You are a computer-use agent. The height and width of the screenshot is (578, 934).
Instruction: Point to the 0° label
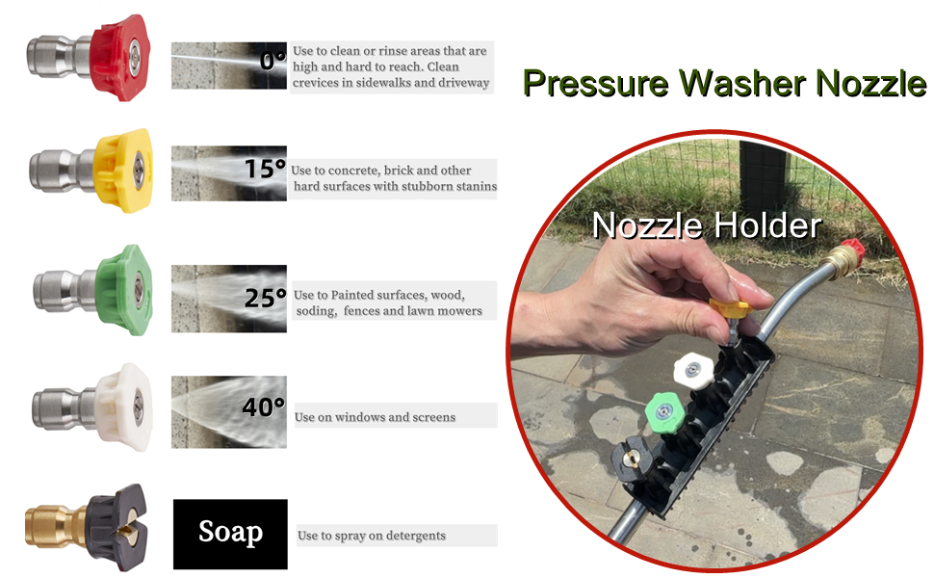point(272,61)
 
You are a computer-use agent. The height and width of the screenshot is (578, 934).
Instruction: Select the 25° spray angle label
point(265,298)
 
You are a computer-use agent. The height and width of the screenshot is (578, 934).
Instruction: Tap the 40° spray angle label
point(263,407)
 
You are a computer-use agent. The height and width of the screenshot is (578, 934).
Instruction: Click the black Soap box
point(230,533)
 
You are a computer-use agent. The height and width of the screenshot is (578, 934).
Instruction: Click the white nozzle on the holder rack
point(691,368)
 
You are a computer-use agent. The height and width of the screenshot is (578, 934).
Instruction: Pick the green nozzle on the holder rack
point(663,413)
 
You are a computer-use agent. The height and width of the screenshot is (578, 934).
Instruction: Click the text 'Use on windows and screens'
point(375,417)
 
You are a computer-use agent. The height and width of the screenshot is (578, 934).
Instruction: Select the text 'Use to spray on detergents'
point(371,535)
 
